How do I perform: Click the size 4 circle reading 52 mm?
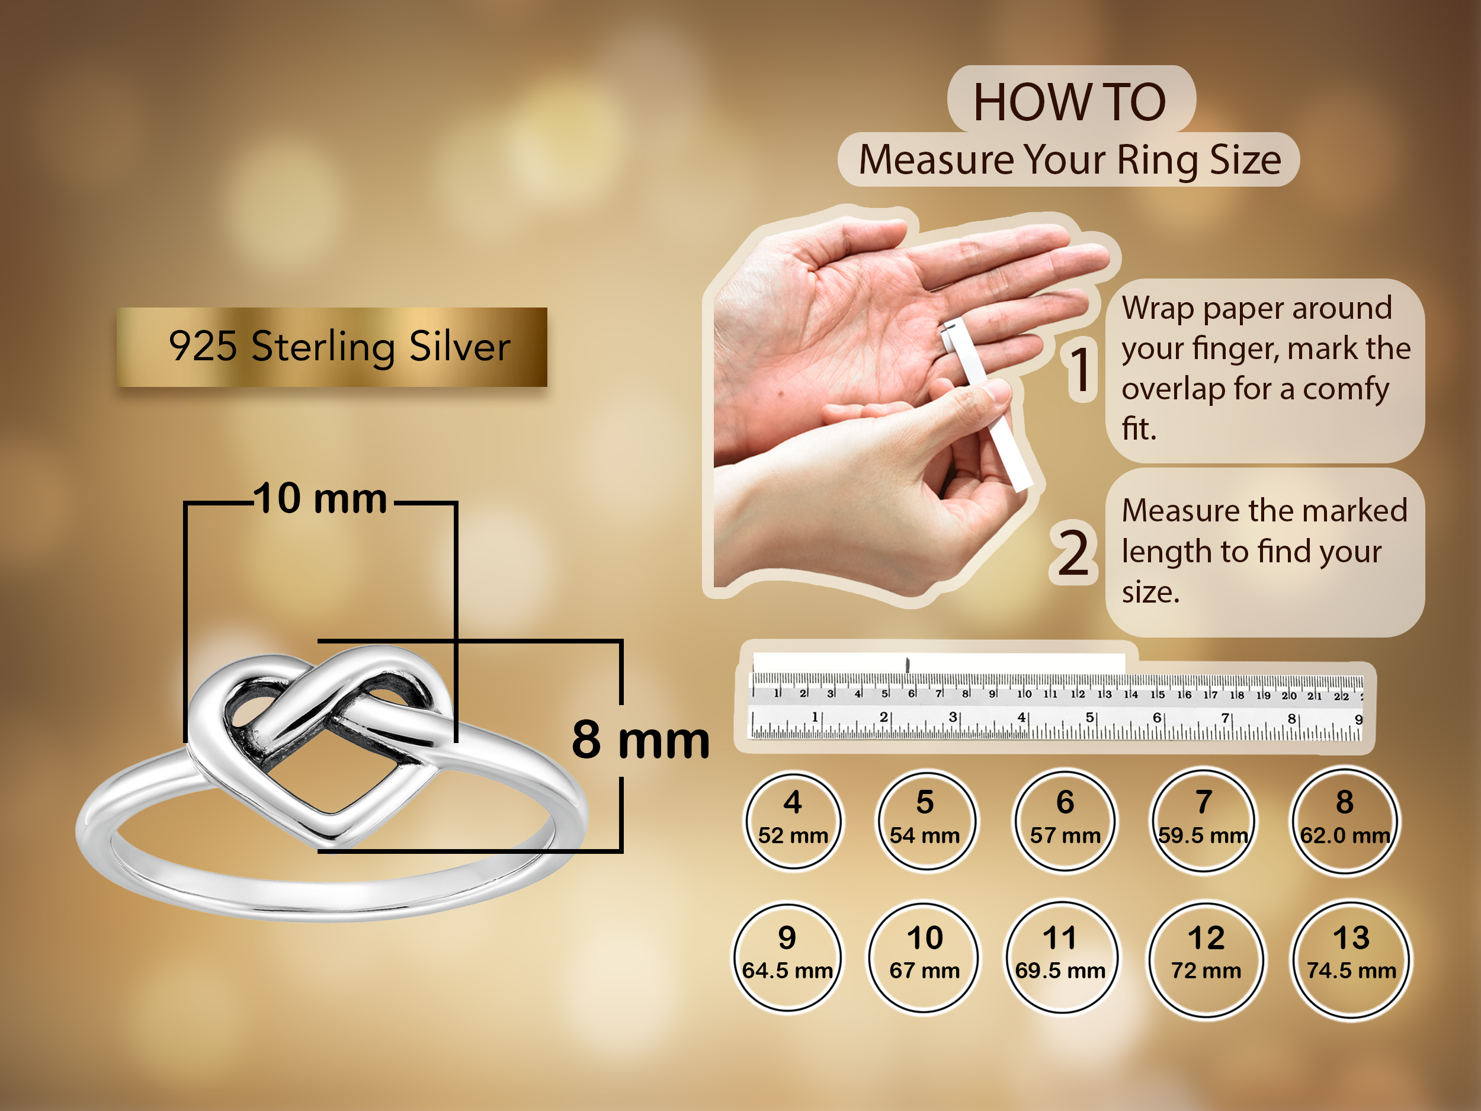coord(793,820)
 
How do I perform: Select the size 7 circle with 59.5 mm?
coord(1203,820)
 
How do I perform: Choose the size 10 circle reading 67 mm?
coord(925,957)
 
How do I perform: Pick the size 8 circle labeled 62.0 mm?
coord(1344,820)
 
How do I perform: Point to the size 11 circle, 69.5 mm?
coord(1060,957)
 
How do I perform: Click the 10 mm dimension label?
coord(320,498)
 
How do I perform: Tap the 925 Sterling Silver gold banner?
coord(332,347)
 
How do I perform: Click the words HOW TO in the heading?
coord(1070,102)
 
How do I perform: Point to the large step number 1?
coord(1080,370)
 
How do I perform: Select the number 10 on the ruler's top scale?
coord(1024,694)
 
